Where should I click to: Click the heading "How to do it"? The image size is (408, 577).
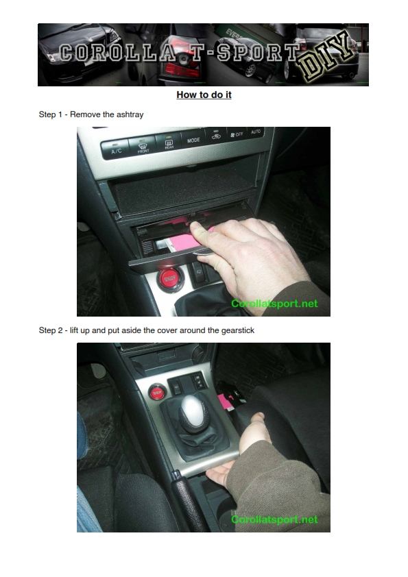click(x=204, y=95)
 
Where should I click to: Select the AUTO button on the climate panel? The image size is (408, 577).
click(x=255, y=132)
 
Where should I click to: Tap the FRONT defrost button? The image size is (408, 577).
click(x=143, y=146)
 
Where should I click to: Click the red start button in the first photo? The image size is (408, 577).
click(x=169, y=280)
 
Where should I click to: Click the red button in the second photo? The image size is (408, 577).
click(x=157, y=393)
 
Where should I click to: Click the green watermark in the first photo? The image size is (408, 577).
click(x=274, y=304)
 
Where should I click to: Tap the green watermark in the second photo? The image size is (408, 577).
click(x=274, y=519)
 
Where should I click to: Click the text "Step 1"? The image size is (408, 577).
click(x=51, y=114)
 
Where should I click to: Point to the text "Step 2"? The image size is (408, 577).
click(x=51, y=330)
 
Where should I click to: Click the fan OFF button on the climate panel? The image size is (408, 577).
click(x=237, y=134)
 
